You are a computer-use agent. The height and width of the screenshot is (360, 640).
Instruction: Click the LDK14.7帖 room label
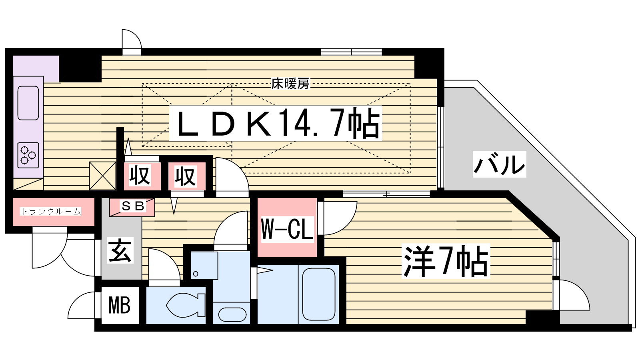click(x=276, y=123)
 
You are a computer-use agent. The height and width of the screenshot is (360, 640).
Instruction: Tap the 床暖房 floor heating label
click(x=290, y=84)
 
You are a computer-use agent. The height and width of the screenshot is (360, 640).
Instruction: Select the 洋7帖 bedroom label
click(x=446, y=261)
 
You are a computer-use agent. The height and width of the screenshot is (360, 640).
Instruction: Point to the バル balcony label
click(x=499, y=164)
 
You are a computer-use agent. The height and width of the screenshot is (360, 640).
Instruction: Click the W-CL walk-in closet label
click(x=287, y=229)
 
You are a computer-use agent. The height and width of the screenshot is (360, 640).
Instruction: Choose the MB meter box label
click(x=119, y=306)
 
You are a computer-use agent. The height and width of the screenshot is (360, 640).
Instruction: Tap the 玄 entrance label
click(x=120, y=251)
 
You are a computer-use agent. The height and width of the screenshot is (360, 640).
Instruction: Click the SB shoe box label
click(x=133, y=206)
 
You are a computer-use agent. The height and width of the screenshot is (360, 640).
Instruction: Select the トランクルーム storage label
click(x=51, y=211)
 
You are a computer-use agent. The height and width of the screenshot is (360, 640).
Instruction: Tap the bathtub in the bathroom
click(x=318, y=294)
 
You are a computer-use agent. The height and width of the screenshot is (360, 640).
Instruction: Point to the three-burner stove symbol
click(x=28, y=155)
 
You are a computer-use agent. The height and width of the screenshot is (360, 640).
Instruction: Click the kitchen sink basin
click(x=28, y=103)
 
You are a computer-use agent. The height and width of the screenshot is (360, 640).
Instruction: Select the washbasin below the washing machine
click(x=232, y=315)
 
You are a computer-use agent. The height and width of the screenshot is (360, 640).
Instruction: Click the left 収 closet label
click(x=140, y=176)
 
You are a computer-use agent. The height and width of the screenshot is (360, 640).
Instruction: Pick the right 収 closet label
click(x=185, y=176)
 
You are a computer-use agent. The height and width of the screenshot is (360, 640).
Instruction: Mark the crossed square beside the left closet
click(x=102, y=176)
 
